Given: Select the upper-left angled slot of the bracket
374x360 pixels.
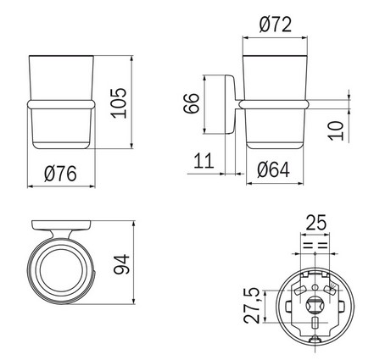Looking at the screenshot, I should pyautogui.click(x=297, y=285).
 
